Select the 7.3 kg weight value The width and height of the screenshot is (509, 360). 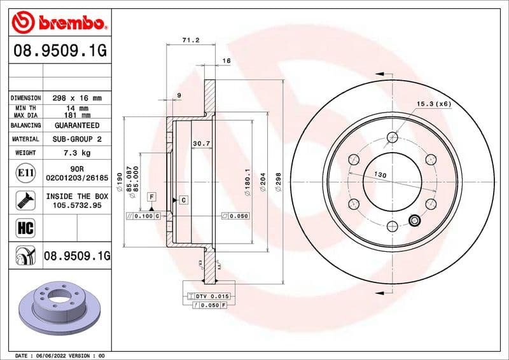pos(76,153)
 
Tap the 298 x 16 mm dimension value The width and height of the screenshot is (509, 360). pos(76,99)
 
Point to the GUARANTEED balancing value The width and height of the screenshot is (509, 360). pos(76,126)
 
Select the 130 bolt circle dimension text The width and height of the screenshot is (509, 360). pos(380,174)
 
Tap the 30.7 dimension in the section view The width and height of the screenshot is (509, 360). pos(202,144)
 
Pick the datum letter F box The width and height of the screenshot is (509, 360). pos(151,197)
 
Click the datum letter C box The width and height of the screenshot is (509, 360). pos(183,200)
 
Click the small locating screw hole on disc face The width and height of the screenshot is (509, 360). pos(415,221)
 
